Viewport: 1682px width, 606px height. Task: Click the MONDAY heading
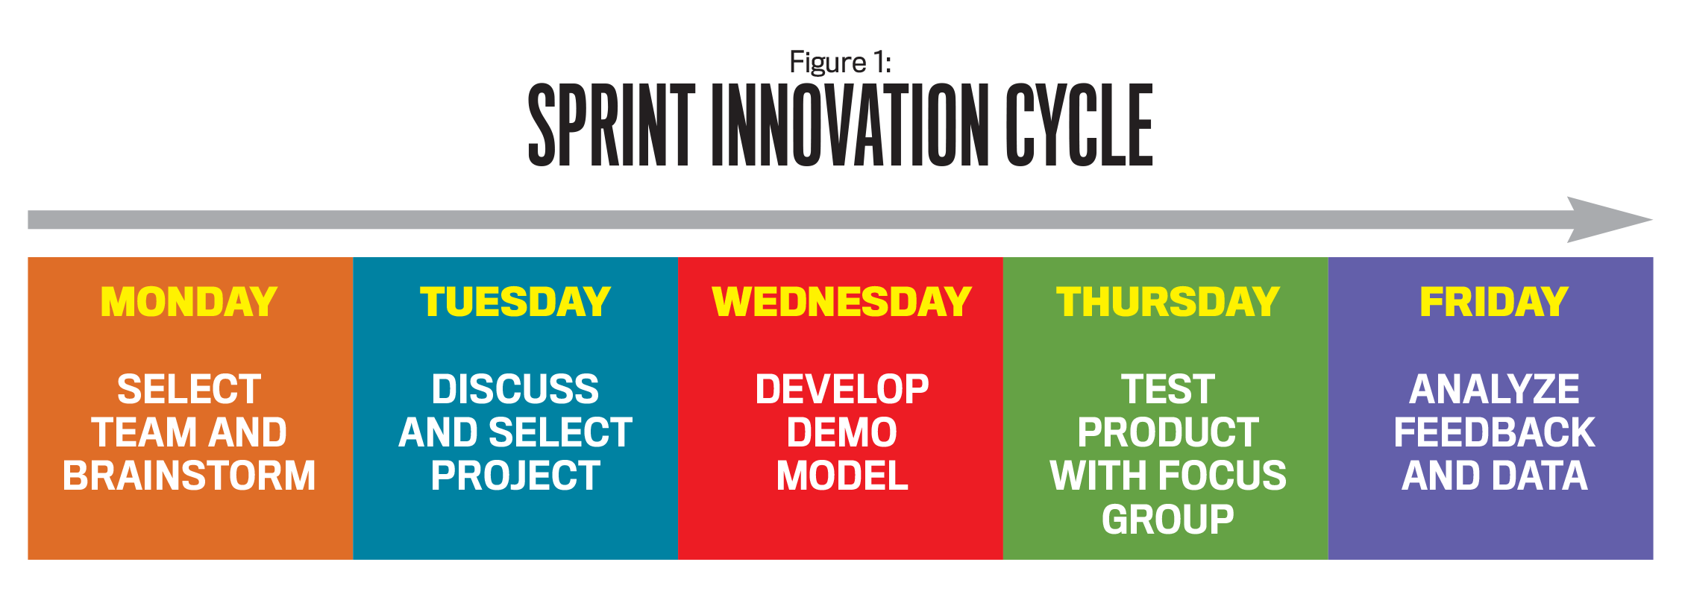pyautogui.click(x=189, y=302)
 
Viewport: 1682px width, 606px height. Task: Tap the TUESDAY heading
pyautogui.click(x=515, y=302)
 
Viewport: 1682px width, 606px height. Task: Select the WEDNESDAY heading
pyautogui.click(x=841, y=302)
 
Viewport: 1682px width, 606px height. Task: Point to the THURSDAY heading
pyautogui.click(x=1167, y=302)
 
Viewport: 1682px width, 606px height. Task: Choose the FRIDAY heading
pyautogui.click(x=1493, y=302)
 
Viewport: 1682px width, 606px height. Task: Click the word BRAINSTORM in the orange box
pyautogui.click(x=189, y=476)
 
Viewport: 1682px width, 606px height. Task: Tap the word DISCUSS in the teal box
pyautogui.click(x=515, y=389)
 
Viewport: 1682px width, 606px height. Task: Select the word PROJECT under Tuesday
pyautogui.click(x=515, y=476)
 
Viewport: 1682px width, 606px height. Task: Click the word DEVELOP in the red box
pyautogui.click(x=842, y=389)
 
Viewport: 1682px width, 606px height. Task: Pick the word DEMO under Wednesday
pyautogui.click(x=842, y=432)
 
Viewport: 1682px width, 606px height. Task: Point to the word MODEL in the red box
pyautogui.click(x=842, y=476)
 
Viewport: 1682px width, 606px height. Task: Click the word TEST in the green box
pyautogui.click(x=1168, y=389)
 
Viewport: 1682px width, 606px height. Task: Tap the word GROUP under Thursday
pyautogui.click(x=1168, y=519)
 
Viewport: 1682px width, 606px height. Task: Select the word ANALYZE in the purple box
pyautogui.click(x=1494, y=389)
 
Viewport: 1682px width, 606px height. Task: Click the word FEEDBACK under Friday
pyautogui.click(x=1494, y=432)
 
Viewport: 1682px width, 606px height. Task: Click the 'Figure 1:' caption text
pyautogui.click(x=841, y=62)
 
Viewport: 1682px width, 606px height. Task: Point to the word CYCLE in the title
pyautogui.click(x=1079, y=124)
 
